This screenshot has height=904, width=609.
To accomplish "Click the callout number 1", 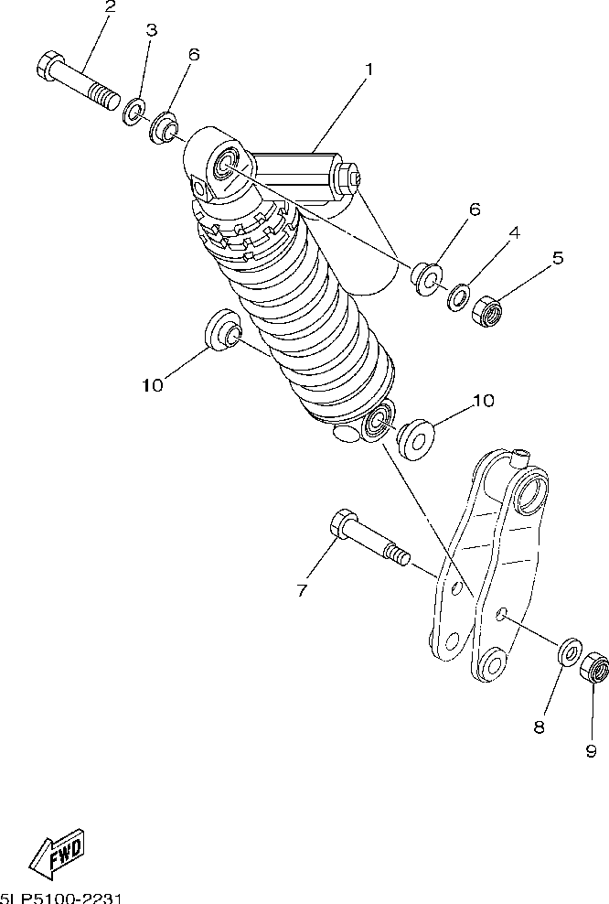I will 369,69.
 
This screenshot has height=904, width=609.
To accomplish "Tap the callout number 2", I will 111,7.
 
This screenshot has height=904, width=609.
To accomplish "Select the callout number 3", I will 152,30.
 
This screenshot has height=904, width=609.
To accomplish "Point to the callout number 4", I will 514,233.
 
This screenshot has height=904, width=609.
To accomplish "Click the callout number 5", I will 556,258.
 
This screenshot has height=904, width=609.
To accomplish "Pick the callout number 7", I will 303,589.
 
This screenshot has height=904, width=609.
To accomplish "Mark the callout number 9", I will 591,750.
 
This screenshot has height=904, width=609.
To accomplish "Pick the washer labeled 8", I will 569,652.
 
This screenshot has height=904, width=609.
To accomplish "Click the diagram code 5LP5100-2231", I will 62,898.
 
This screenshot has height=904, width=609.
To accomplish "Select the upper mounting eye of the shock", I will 225,167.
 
